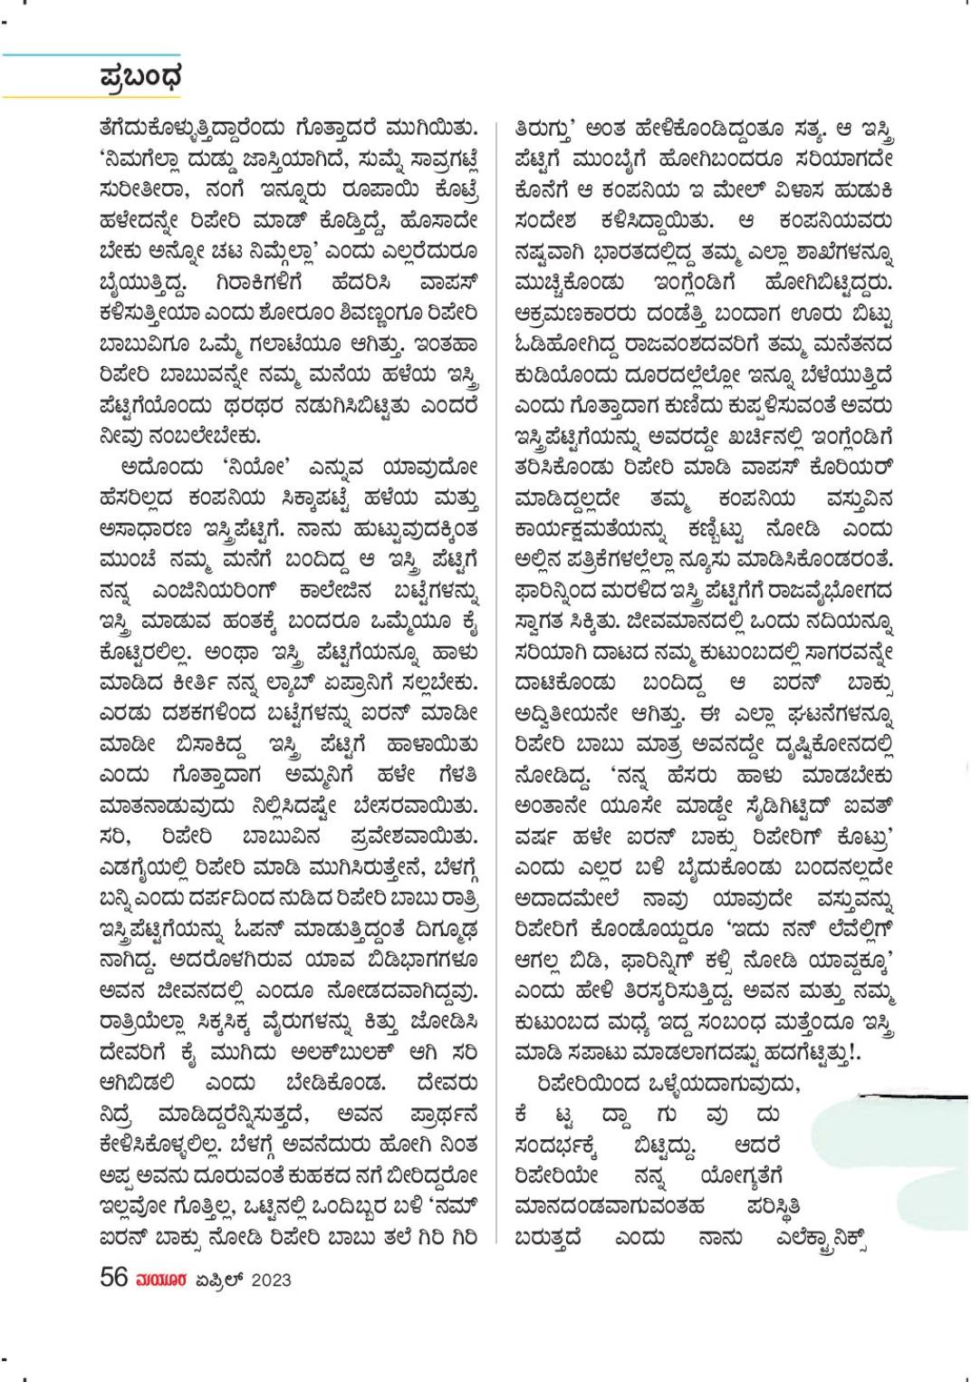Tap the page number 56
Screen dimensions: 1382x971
(x=113, y=1278)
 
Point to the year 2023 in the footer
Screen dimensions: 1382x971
(x=266, y=1280)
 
